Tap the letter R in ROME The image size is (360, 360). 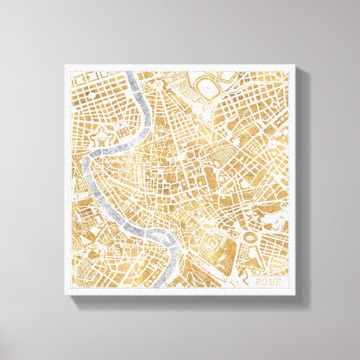[x=258, y=282]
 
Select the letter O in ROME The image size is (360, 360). [x=264, y=282]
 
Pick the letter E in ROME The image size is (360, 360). [x=278, y=282]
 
